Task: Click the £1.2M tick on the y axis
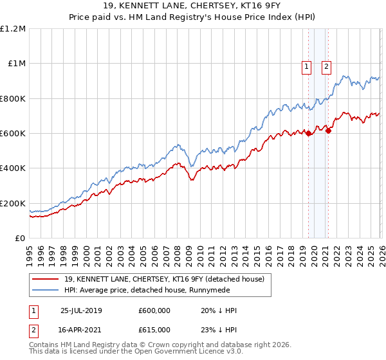tap(13, 29)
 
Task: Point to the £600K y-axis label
tap(13, 134)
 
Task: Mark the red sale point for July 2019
tap(308, 134)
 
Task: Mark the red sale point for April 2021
tap(328, 131)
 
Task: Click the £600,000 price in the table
tap(154, 310)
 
